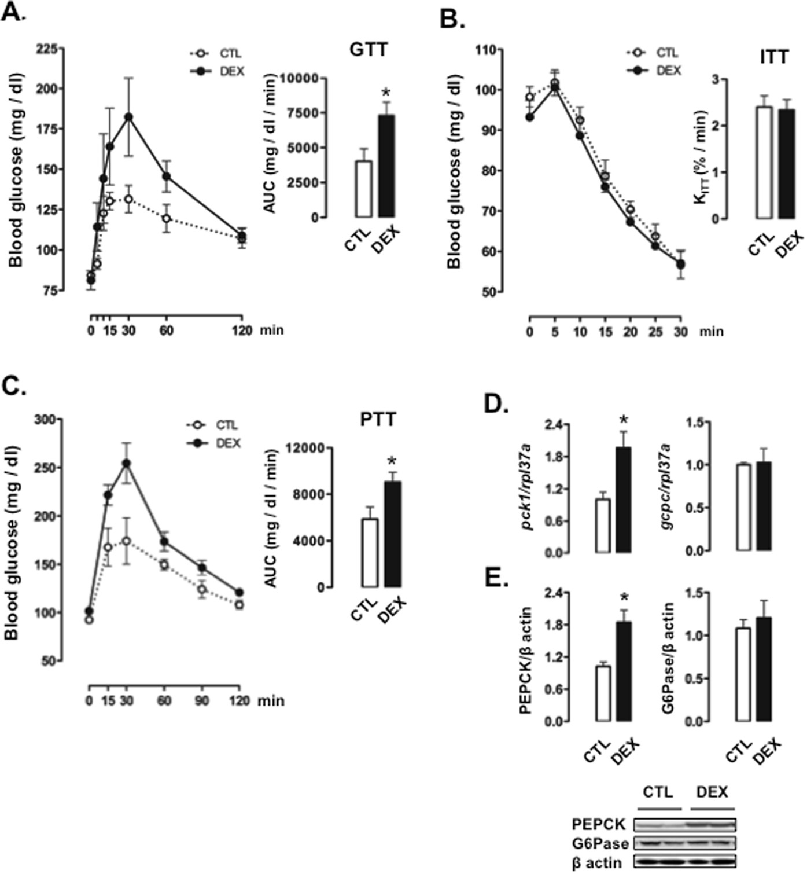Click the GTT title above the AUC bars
coord(369,50)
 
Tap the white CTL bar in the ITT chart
coord(765,163)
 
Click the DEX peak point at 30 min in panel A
coord(128,117)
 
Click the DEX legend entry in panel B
coord(668,70)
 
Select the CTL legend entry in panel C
coord(227,425)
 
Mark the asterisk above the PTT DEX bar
coord(392,462)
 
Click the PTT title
coord(378,420)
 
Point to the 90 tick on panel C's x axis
coord(201,701)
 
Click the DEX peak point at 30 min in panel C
coord(126,463)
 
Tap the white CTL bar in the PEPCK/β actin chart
coord(603,693)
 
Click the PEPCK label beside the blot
coord(598,824)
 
